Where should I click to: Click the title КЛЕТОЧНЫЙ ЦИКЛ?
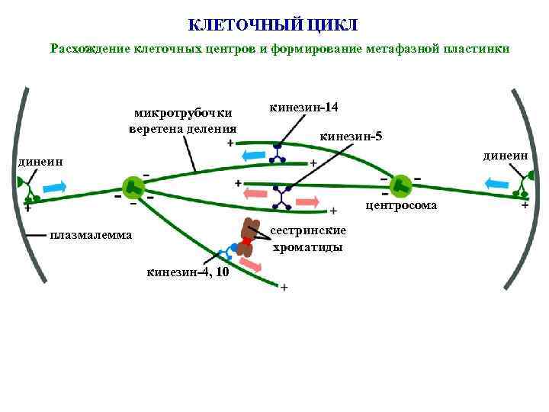tap(272, 24)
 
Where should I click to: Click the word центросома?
tap(402, 205)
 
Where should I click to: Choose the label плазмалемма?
tap(91, 234)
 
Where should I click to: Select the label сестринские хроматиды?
tap(308, 238)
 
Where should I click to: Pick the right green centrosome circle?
tap(400, 185)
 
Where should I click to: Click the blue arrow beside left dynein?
tap(54, 186)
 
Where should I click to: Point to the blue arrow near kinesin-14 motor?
tap(252, 156)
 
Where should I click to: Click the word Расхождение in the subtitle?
tap(91, 49)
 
